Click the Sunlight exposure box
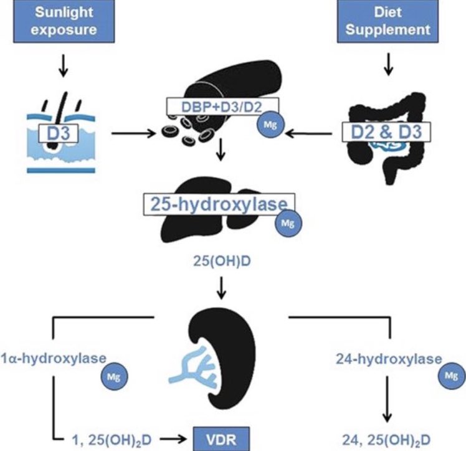pyautogui.click(x=64, y=21)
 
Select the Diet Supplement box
pyautogui.click(x=388, y=21)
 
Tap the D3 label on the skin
pyautogui.click(x=59, y=133)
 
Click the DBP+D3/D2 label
pyautogui.click(x=222, y=107)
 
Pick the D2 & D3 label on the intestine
pyautogui.click(x=386, y=131)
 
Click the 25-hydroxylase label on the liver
pyautogui.click(x=219, y=204)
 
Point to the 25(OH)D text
pyautogui.click(x=222, y=261)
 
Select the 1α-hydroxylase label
pyautogui.click(x=53, y=359)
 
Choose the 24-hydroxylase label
pyautogui.click(x=389, y=359)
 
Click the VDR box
pyautogui.click(x=221, y=439)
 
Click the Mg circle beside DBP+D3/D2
pyautogui.click(x=270, y=124)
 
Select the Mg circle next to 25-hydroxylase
pyautogui.click(x=288, y=223)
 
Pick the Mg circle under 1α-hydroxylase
pyautogui.click(x=114, y=377)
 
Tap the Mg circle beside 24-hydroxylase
pyautogui.click(x=451, y=376)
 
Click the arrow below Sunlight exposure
pyautogui.click(x=63, y=65)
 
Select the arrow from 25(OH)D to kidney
pyautogui.click(x=221, y=288)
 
